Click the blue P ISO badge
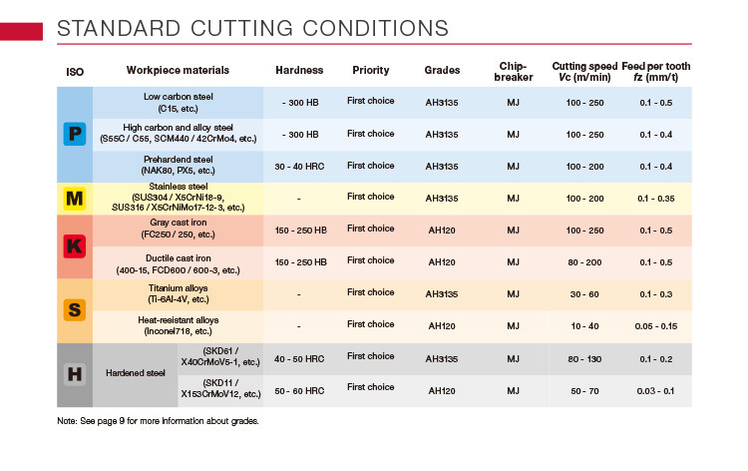(x=75, y=134)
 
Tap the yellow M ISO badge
(x=75, y=198)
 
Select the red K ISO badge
(x=75, y=246)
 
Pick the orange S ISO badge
(x=75, y=309)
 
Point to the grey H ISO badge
(x=75, y=374)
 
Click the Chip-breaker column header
(x=514, y=72)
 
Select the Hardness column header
(x=299, y=70)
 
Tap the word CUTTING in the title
(x=241, y=28)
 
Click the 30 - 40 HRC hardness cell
(x=299, y=167)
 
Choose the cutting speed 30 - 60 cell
(x=584, y=294)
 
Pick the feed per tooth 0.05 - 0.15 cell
(x=656, y=326)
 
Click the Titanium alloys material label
(x=178, y=288)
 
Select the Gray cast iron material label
(x=178, y=223)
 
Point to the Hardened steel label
(x=136, y=373)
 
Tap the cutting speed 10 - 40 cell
(x=584, y=326)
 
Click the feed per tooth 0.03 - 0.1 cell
(x=655, y=391)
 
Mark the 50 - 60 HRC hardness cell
(x=299, y=391)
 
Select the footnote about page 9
(x=158, y=421)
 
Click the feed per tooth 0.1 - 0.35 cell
(x=656, y=199)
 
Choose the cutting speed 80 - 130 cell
(x=584, y=359)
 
